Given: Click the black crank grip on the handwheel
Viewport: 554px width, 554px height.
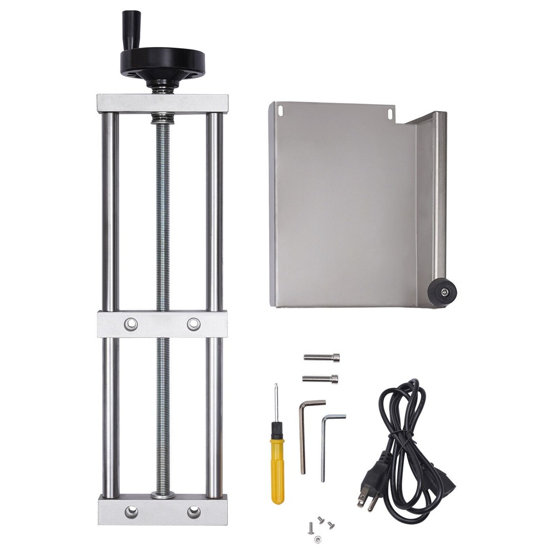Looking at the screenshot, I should [x=131, y=23].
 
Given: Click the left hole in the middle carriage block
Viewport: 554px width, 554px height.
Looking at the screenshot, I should [x=131, y=324].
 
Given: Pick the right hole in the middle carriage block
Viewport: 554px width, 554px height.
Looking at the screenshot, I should [x=193, y=324].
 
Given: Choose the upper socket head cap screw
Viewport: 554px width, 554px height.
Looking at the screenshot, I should [x=322, y=357].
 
